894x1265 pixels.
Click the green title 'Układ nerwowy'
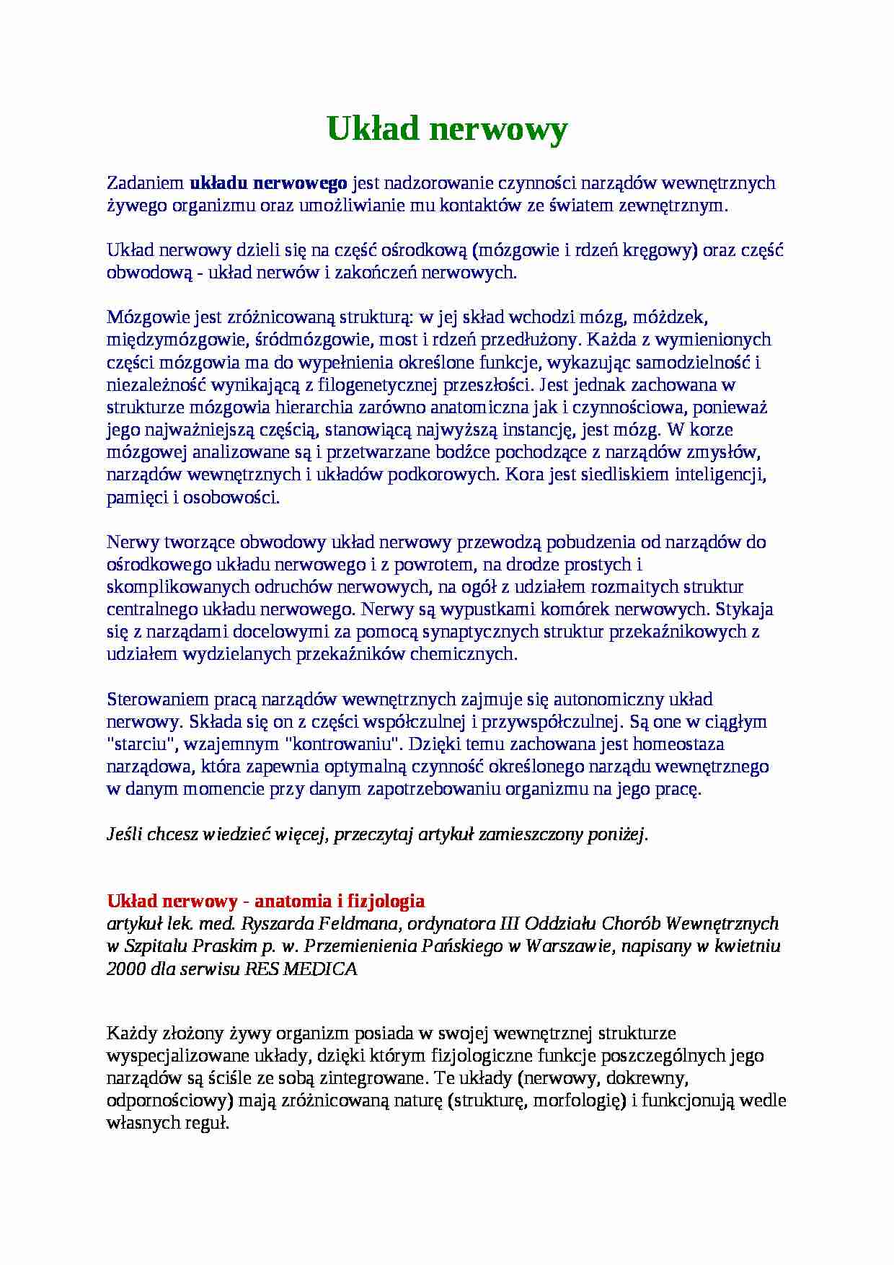tap(447, 130)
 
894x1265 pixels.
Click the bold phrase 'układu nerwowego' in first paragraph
tap(268, 183)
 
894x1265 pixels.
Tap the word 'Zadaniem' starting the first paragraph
tap(145, 183)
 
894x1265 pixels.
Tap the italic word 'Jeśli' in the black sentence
tap(124, 835)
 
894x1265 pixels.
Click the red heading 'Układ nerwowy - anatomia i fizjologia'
tap(265, 902)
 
